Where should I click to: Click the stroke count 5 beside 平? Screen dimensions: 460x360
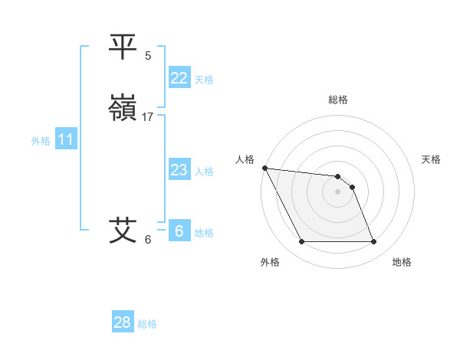click(x=148, y=55)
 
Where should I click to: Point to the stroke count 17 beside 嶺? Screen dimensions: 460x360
click(x=148, y=117)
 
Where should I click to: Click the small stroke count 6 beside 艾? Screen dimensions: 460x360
click(x=148, y=239)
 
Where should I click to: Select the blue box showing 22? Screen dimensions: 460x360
click(x=179, y=78)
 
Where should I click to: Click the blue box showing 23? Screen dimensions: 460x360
click(x=179, y=170)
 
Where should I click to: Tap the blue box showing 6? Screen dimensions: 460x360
click(x=179, y=231)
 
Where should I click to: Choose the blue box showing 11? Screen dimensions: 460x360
click(x=66, y=140)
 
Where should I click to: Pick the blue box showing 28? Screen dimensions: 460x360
click(x=122, y=322)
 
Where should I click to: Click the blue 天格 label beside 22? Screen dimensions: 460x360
click(x=204, y=80)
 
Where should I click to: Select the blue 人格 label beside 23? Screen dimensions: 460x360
click(x=204, y=172)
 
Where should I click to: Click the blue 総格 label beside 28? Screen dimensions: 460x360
click(x=147, y=324)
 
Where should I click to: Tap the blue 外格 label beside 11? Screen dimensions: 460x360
click(x=41, y=141)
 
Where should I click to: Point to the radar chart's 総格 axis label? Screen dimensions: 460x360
click(x=338, y=100)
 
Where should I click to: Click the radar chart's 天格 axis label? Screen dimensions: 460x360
click(x=431, y=159)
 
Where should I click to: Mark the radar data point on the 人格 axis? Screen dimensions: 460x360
click(x=264, y=168)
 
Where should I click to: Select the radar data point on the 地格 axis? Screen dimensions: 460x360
click(x=374, y=242)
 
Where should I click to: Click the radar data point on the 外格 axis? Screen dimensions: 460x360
click(x=301, y=242)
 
